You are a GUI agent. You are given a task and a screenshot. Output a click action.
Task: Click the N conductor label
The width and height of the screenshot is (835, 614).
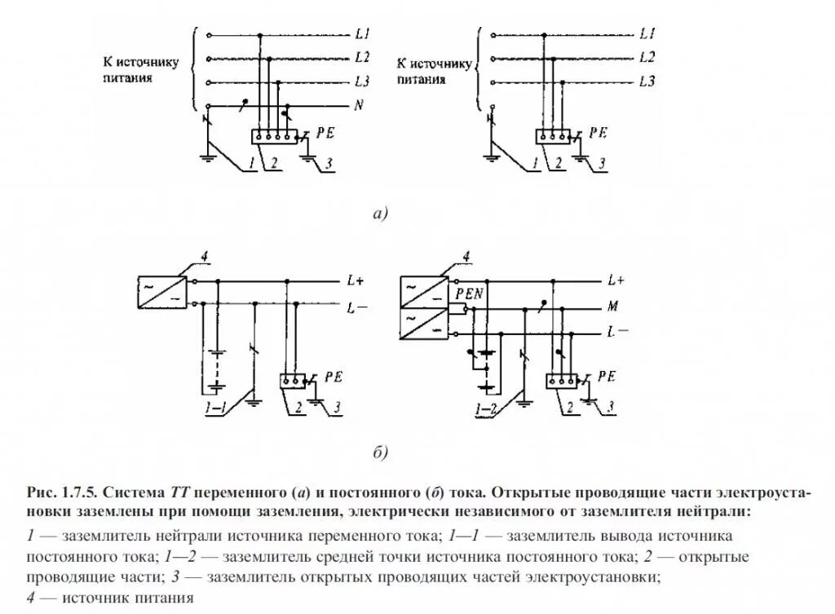[360, 105]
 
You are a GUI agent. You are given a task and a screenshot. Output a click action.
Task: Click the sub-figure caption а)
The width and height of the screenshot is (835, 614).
[380, 214]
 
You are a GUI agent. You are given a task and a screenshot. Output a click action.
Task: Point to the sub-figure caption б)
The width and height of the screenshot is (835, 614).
[380, 453]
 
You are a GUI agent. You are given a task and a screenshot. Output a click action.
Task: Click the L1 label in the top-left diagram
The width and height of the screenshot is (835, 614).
[363, 35]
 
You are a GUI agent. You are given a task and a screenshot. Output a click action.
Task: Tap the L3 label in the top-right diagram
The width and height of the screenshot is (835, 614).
[647, 82]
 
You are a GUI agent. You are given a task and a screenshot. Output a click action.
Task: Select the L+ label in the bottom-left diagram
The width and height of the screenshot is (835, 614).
[355, 280]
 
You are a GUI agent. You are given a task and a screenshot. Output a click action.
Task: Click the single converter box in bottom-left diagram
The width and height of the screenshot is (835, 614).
[161, 291]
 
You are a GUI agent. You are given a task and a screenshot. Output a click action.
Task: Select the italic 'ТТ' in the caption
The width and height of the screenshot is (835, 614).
[179, 493]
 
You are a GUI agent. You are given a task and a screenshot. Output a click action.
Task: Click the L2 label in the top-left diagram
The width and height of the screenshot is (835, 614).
[363, 58]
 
